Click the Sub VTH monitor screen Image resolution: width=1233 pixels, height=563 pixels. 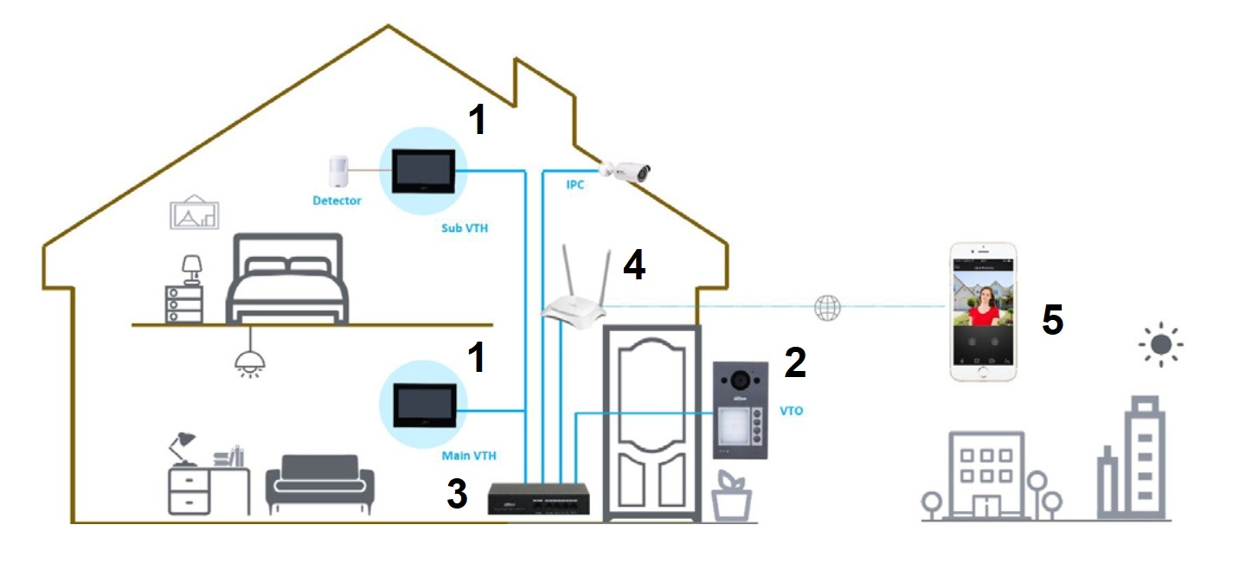pos(423,171)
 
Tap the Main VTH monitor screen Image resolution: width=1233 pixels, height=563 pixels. pos(424,406)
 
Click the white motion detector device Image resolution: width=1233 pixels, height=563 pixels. pos(338,171)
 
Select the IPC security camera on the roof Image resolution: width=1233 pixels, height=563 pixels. pos(626,171)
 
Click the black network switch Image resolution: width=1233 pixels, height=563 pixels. pos(538,499)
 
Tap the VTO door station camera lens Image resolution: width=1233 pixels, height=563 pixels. pos(741,379)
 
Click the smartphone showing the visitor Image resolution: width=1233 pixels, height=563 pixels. pos(983,311)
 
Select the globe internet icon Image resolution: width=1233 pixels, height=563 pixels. pos(827,307)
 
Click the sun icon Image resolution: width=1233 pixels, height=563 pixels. pos(1161,344)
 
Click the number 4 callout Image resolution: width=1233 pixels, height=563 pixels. pos(634,265)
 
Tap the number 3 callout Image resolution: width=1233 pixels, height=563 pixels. pos(458,493)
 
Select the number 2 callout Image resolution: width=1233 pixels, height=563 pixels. pos(795,362)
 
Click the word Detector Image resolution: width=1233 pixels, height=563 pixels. pos(337,201)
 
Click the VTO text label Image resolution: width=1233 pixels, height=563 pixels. pos(792,411)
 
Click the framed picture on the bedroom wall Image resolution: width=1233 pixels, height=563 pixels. pos(195,213)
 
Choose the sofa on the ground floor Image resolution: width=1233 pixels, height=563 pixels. pos(320,483)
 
